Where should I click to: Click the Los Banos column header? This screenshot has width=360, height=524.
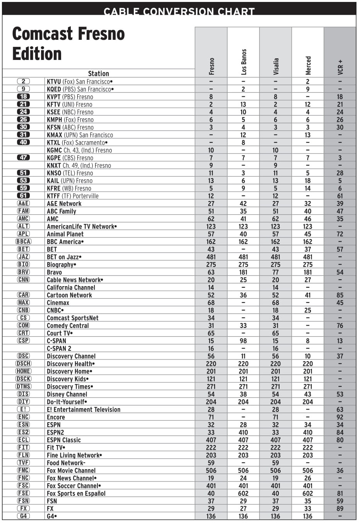tap(243, 62)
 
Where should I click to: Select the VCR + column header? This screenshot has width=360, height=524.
tap(340, 67)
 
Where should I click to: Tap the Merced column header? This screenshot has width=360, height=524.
tap(308, 65)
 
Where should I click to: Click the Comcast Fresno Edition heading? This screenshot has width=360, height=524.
tap(68, 43)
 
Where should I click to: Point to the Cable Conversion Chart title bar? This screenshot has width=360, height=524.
tap(179, 11)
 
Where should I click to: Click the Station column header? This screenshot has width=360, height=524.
tap(98, 73)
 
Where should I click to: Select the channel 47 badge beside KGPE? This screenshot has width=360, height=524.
tap(24, 158)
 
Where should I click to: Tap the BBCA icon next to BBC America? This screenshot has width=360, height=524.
tap(24, 242)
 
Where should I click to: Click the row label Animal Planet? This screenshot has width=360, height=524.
tap(65, 234)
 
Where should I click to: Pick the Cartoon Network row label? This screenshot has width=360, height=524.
tap(69, 295)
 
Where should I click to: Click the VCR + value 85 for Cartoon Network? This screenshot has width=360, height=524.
tap(340, 295)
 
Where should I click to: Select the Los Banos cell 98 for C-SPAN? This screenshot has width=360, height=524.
tap(243, 341)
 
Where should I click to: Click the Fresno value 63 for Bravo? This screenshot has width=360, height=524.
tap(211, 272)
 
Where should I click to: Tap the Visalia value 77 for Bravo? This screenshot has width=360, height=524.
tap(275, 272)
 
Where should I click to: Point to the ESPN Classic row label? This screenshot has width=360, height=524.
tap(64, 440)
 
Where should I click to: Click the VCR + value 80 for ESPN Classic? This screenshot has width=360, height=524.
tap(340, 440)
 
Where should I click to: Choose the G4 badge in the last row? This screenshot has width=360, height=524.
tap(24, 516)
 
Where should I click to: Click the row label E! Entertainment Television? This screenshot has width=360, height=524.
tap(84, 410)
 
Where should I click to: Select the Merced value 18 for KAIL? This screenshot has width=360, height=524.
tap(308, 181)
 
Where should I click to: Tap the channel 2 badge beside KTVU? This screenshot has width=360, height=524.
tap(24, 82)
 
